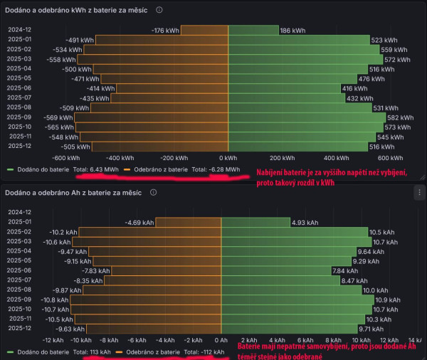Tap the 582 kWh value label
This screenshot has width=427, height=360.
pos(399,117)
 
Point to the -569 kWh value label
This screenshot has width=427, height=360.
pos(58,117)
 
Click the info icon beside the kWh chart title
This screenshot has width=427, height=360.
pos(159,10)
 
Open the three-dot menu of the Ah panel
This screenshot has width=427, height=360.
pos(418,192)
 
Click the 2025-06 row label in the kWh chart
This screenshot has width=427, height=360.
pos(20,88)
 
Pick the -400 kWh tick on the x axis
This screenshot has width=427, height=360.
pos(118,158)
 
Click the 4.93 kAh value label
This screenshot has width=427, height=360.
pos(305,223)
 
